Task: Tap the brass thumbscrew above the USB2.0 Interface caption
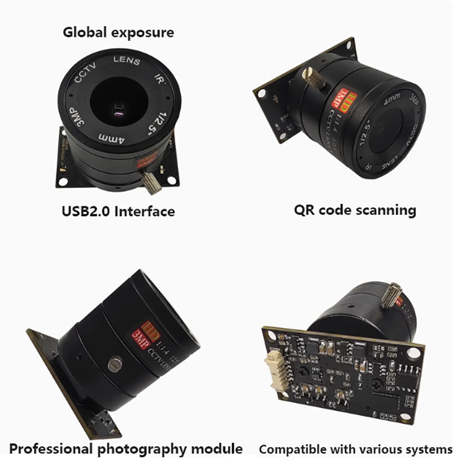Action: [151, 182]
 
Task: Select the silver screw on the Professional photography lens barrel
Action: [114, 365]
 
